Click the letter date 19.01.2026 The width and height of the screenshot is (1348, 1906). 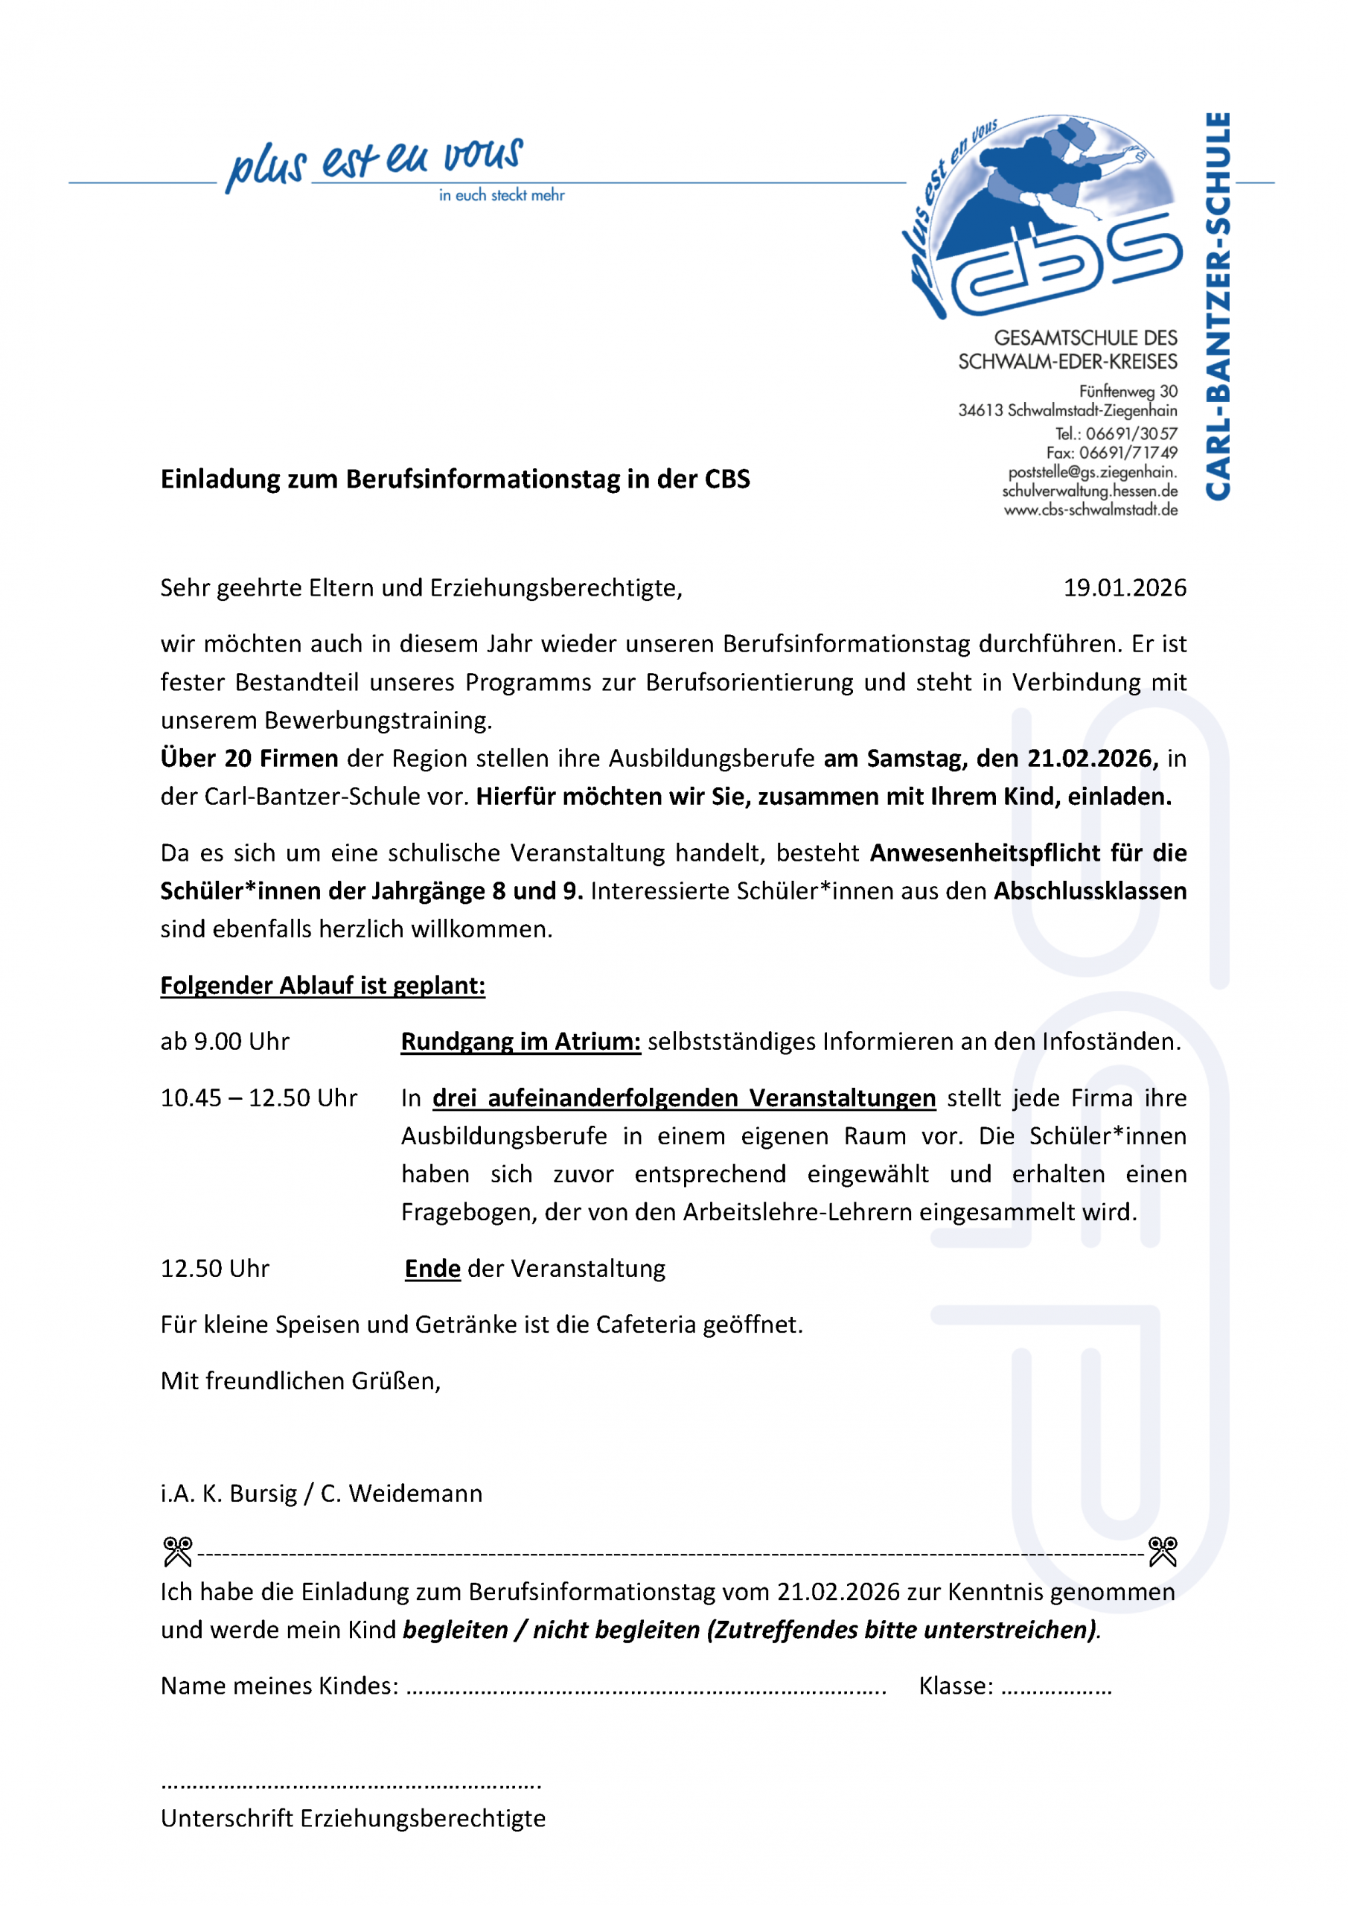[1124, 587]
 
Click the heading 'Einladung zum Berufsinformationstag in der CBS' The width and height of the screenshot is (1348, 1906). [455, 479]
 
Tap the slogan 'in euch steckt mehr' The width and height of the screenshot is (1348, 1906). [502, 195]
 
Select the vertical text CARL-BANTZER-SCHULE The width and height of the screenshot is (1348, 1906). [1217, 306]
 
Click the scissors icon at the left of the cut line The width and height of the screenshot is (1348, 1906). [178, 1551]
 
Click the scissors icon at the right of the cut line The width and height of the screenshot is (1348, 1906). [1162, 1551]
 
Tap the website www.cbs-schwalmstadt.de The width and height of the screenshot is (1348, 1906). [1090, 510]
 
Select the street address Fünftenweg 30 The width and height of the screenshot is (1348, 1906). [1127, 391]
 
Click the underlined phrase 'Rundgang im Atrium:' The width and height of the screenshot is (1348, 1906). [520, 1041]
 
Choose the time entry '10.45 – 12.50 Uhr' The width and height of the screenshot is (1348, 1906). [258, 1097]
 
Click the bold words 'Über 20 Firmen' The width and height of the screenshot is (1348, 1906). [249, 758]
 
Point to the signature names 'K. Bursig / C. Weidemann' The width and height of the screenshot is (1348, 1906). [342, 1493]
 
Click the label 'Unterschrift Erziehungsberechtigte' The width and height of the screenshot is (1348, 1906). [353, 1817]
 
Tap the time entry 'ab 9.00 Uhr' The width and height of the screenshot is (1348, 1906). [225, 1041]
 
